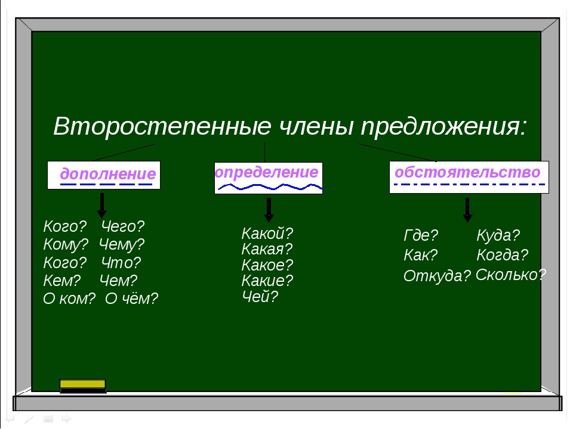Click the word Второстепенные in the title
pos(162,126)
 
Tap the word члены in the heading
pos(316,126)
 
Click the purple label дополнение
pos(108,173)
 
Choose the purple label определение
pos(267,172)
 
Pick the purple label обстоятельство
pos(467,172)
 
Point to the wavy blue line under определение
pos(270,187)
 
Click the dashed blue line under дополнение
pos(106,184)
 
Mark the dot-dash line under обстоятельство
pos(469,184)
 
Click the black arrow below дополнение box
pos(102,206)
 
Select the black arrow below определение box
pos(269,210)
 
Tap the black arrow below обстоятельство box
pos(467,210)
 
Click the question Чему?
pos(122,244)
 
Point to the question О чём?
pos(131,299)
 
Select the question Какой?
pos(267,233)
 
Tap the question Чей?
pos(260,297)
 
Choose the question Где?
pos(421,235)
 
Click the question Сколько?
pos(511,275)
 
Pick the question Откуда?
pos(437,276)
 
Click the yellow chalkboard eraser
pos(83,386)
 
